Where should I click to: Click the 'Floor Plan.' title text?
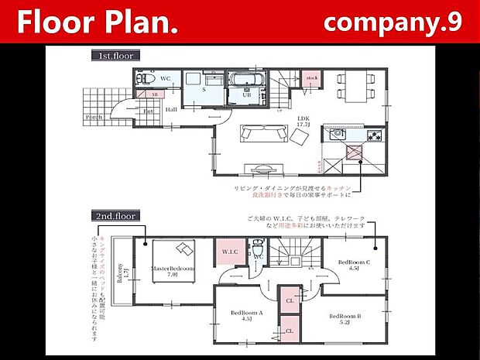(x=98, y=22)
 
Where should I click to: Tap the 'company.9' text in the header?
(x=393, y=22)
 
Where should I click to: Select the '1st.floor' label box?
(x=115, y=56)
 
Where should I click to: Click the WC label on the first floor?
(x=165, y=79)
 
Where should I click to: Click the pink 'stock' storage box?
(x=312, y=79)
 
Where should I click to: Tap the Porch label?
(x=94, y=118)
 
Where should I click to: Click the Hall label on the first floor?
(x=172, y=110)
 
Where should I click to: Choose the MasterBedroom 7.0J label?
(x=171, y=271)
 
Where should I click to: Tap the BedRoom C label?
(x=355, y=266)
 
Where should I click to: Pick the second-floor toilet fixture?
(x=257, y=252)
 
